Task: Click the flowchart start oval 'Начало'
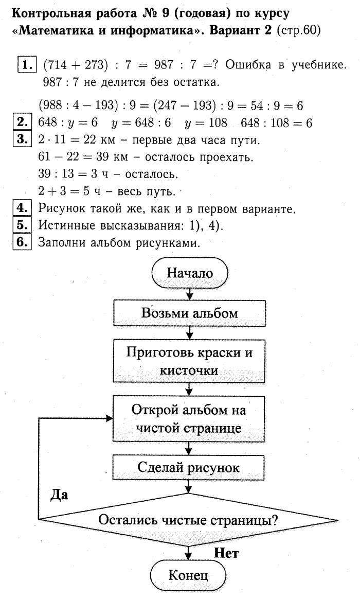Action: pyautogui.click(x=190, y=273)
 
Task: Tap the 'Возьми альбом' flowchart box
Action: pyautogui.click(x=190, y=313)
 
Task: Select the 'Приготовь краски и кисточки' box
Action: pyautogui.click(x=190, y=362)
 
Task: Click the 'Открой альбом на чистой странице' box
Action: pyautogui.click(x=190, y=418)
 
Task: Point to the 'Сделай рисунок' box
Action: pyautogui.click(x=190, y=467)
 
